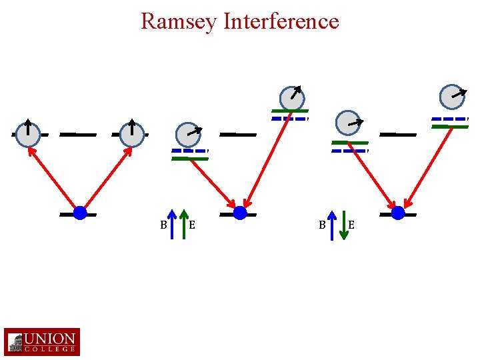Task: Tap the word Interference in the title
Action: [281, 21]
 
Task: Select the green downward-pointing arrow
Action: [344, 225]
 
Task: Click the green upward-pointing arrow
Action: [185, 225]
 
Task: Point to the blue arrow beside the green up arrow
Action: [173, 225]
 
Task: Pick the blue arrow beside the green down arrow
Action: [332, 225]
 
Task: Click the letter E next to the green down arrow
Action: [351, 225]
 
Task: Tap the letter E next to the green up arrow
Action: [192, 225]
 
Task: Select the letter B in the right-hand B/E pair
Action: [322, 225]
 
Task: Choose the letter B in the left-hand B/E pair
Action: [163, 225]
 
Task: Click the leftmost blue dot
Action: [80, 213]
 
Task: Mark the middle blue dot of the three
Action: [240, 213]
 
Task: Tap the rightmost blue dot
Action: [398, 213]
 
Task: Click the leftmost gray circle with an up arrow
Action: [28, 134]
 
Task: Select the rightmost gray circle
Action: [453, 96]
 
